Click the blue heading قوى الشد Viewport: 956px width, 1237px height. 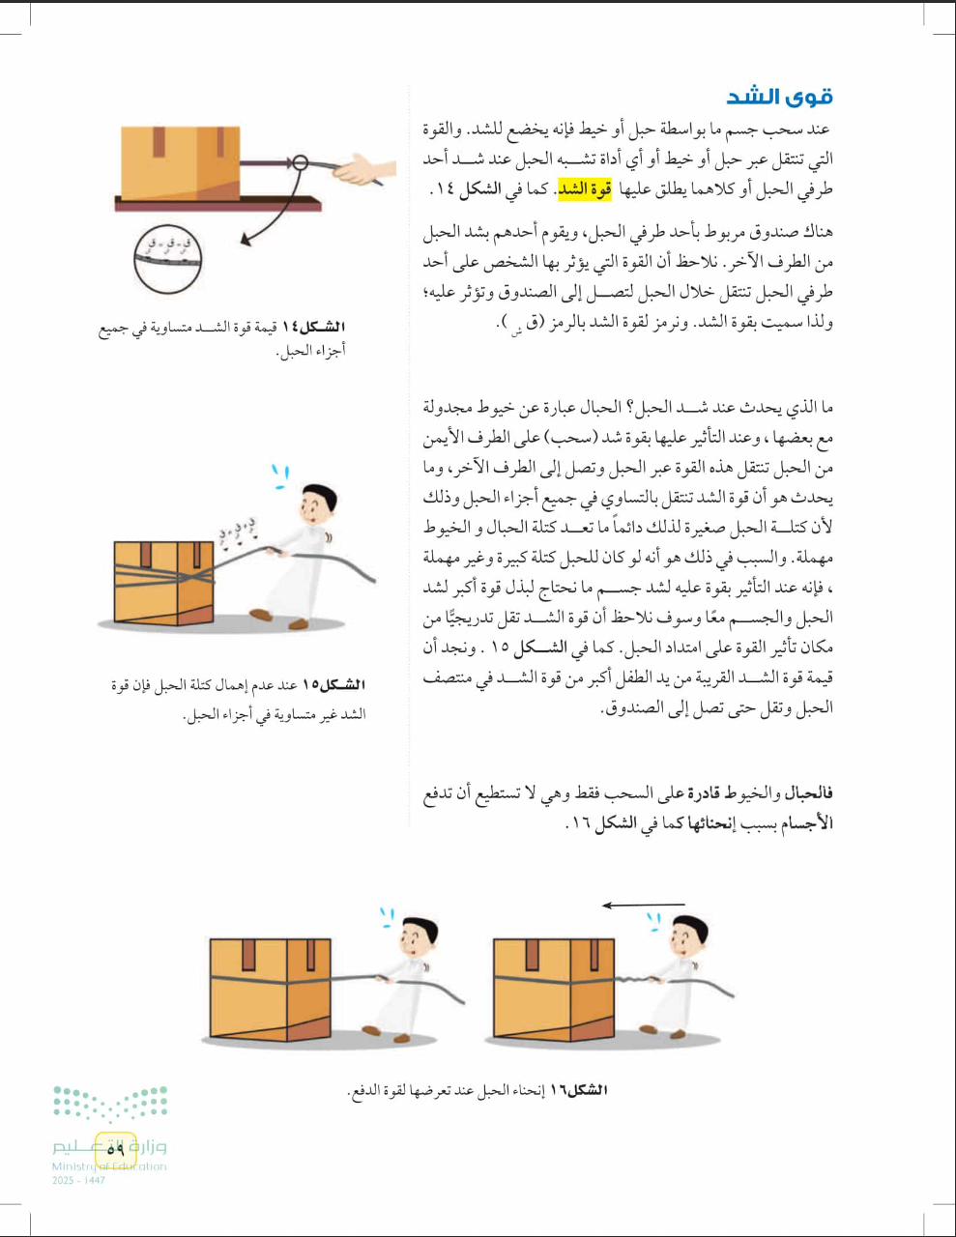click(x=779, y=96)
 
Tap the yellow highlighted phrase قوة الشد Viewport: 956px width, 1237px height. click(x=585, y=189)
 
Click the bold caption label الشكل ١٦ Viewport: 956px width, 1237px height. click(x=578, y=1090)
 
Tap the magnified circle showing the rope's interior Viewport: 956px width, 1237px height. click(x=167, y=258)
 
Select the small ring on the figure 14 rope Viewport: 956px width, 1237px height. click(x=301, y=162)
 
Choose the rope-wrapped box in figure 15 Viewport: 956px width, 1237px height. click(x=163, y=580)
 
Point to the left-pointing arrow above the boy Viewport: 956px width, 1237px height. click(x=642, y=906)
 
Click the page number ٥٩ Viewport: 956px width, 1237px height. click(x=116, y=1148)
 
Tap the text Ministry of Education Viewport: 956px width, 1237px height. click(x=109, y=1166)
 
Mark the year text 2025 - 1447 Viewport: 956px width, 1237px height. click(x=78, y=1181)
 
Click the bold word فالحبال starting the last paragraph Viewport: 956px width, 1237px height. click(x=808, y=793)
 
